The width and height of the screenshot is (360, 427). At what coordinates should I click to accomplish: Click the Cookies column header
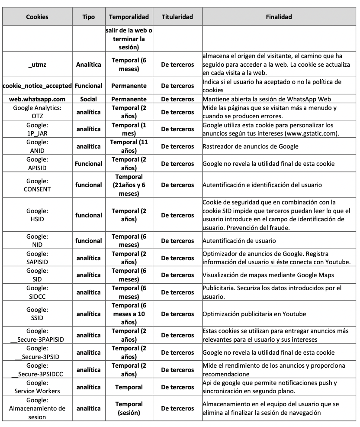pyautogui.click(x=37, y=17)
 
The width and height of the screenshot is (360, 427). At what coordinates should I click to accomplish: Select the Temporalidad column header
pyautogui.click(x=129, y=17)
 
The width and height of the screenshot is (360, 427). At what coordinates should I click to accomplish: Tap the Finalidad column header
pyautogui.click(x=279, y=17)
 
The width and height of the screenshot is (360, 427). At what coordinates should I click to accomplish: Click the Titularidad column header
pyautogui.click(x=177, y=17)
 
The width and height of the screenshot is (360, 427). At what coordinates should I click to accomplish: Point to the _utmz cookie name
pyautogui.click(x=37, y=65)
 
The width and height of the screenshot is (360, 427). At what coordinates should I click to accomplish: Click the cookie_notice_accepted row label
pyautogui.click(x=37, y=86)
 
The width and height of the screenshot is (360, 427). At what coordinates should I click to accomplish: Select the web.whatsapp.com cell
pyautogui.click(x=37, y=99)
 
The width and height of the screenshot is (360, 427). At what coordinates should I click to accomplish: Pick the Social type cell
pyautogui.click(x=88, y=99)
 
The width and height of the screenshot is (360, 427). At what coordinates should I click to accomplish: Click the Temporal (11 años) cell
pyautogui.click(x=129, y=146)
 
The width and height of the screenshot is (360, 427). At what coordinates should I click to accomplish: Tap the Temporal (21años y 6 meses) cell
pyautogui.click(x=129, y=185)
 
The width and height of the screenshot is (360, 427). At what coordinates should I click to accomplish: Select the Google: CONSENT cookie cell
pyautogui.click(x=37, y=185)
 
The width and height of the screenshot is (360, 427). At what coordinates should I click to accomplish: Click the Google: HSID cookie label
pyautogui.click(x=37, y=215)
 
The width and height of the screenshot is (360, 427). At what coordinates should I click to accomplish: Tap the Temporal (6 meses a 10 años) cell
pyautogui.click(x=129, y=314)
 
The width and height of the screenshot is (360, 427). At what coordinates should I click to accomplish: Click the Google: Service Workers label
pyautogui.click(x=37, y=387)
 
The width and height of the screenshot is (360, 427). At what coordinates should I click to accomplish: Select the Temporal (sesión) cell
pyautogui.click(x=129, y=408)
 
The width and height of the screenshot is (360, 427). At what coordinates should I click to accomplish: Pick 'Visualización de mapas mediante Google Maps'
pyautogui.click(x=268, y=275)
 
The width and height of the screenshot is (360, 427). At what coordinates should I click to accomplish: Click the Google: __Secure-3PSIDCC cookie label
pyautogui.click(x=37, y=370)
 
